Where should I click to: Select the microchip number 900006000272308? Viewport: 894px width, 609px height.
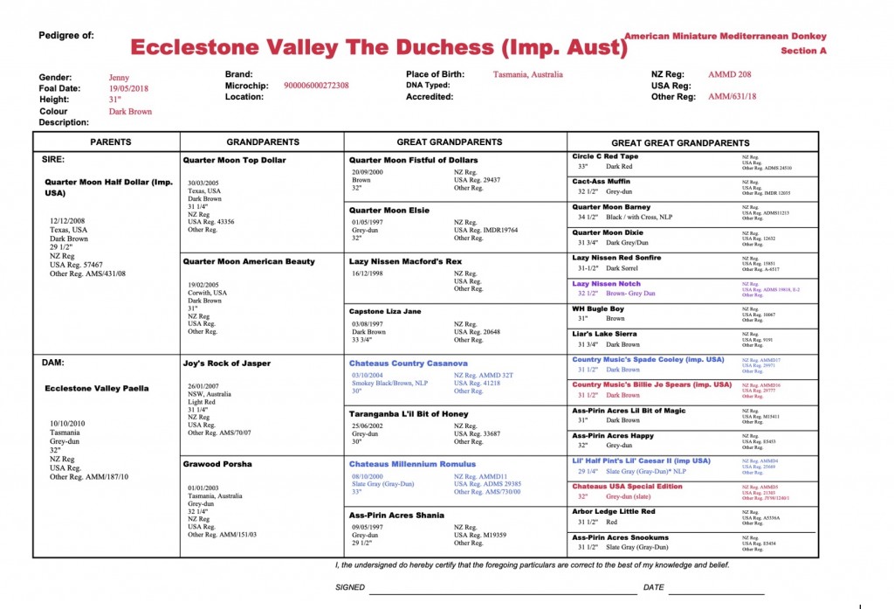coord(316,86)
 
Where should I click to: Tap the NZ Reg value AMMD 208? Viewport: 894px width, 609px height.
coord(729,75)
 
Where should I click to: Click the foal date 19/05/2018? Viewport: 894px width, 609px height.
coord(128,89)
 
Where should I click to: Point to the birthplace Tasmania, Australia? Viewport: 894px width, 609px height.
coord(527,75)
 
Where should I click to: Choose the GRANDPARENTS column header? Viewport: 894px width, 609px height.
coord(263,142)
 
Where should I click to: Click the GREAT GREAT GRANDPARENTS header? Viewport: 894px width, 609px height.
coord(680,142)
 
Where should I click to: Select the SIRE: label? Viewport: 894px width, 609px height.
coord(54,160)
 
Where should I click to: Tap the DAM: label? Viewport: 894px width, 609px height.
coord(54,361)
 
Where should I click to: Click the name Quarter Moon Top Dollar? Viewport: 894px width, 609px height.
coord(234,161)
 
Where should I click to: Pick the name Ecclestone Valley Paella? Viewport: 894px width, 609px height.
coord(97,388)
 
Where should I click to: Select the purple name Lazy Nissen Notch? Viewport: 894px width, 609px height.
coord(606,284)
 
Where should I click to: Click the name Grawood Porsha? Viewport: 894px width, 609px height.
coord(217,464)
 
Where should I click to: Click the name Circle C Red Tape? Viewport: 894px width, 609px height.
coord(605,156)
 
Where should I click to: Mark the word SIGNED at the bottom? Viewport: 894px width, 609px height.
coord(350,587)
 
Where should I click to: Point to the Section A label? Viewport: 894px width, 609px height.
coord(803,51)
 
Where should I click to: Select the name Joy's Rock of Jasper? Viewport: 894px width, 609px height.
coord(227,363)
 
